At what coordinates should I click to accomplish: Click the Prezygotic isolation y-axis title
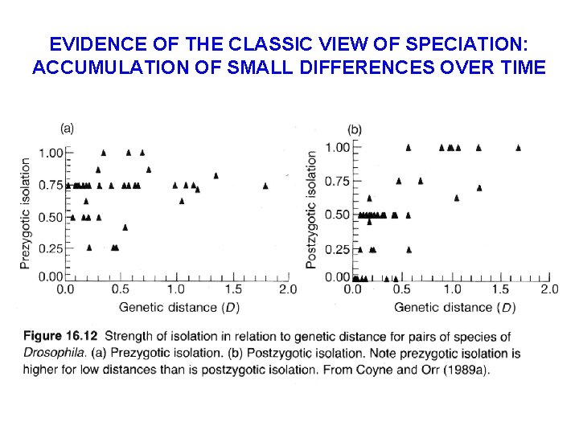click(x=25, y=213)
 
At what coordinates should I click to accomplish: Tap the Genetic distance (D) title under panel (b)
click(x=454, y=307)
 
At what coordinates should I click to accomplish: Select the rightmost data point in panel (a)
click(x=265, y=186)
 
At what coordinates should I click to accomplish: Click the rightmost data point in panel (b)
click(x=518, y=147)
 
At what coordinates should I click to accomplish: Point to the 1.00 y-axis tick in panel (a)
click(x=51, y=153)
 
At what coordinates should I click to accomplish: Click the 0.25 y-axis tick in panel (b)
click(x=337, y=250)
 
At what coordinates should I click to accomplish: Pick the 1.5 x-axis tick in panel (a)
click(x=232, y=289)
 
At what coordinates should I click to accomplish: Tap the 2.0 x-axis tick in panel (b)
click(x=548, y=289)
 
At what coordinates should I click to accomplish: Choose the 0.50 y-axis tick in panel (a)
click(x=51, y=217)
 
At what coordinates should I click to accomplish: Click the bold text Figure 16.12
click(x=60, y=336)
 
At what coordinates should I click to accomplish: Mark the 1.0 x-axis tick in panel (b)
click(x=452, y=289)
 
